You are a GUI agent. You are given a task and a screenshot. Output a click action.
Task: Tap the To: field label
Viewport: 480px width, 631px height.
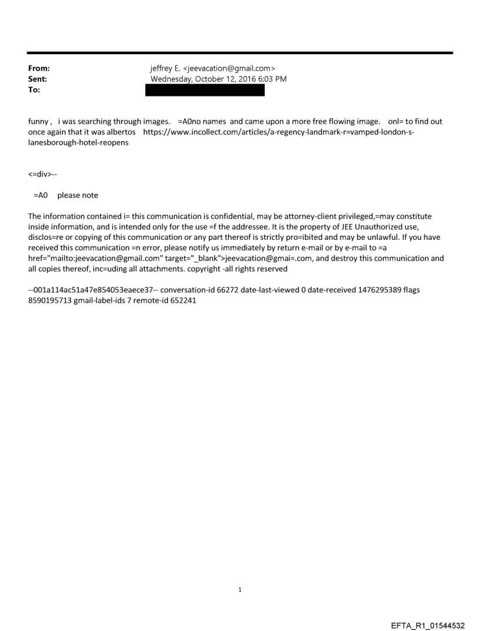coord(34,89)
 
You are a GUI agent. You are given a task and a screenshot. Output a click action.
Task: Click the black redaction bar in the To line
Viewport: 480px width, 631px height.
coord(205,90)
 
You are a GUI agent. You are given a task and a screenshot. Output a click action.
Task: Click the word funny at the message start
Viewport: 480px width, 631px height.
coord(39,122)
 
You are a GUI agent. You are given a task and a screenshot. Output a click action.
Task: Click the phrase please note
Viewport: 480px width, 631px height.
coord(78,195)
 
